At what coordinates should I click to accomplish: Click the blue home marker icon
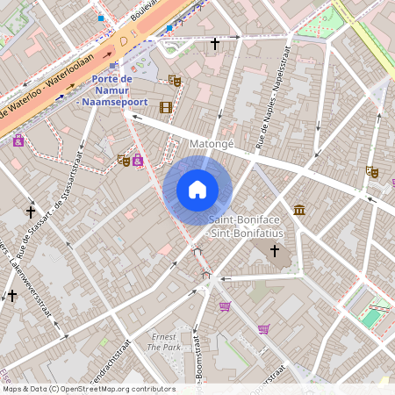coord(197,190)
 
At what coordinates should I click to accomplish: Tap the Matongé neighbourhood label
coord(211,142)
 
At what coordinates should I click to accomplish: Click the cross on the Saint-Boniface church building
coord(274,252)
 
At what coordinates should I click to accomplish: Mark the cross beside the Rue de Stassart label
coord(31,212)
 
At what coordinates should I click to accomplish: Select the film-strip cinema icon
coord(166,107)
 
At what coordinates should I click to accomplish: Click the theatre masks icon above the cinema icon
coord(175,80)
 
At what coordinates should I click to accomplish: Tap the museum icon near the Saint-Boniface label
coord(299,210)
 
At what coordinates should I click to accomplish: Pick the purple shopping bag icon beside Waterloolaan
coord(18,140)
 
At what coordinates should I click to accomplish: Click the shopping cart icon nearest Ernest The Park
coord(226,306)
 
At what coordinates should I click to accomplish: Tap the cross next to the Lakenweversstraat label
coord(12,296)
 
